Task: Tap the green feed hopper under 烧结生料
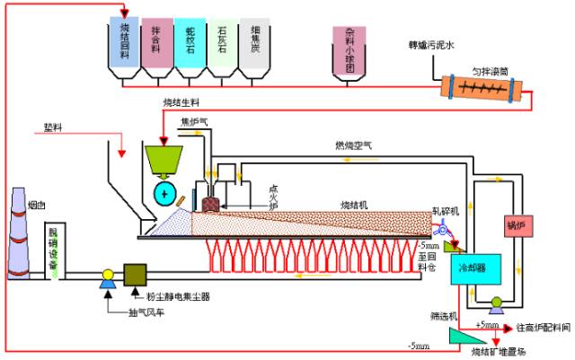click(x=164, y=160)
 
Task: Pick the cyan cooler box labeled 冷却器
click(x=473, y=267)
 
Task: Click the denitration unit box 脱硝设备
click(x=56, y=252)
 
